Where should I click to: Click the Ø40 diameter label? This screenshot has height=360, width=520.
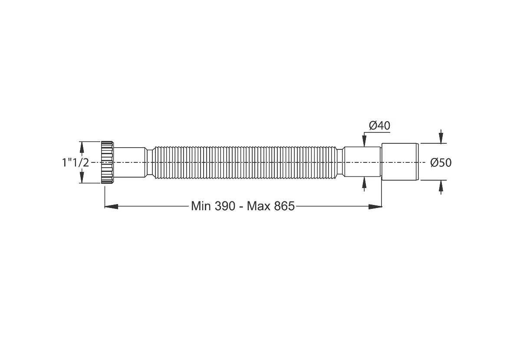pyautogui.click(x=380, y=126)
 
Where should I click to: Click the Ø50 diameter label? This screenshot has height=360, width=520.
pyautogui.click(x=441, y=162)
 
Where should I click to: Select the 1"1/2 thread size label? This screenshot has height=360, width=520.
pyautogui.click(x=76, y=162)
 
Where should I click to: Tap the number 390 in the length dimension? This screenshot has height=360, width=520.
pyautogui.click(x=225, y=206)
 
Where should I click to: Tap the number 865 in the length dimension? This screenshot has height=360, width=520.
pyautogui.click(x=285, y=206)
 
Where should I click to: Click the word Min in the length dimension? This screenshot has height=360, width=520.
pyautogui.click(x=201, y=206)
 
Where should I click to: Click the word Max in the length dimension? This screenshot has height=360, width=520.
pyautogui.click(x=259, y=206)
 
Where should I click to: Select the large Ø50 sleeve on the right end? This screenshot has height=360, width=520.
pyautogui.click(x=400, y=162)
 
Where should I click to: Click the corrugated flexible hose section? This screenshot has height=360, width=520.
pyautogui.click(x=245, y=162)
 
